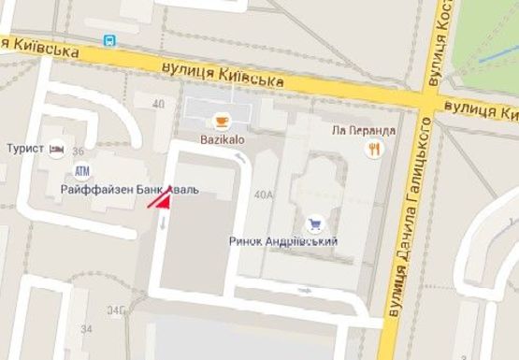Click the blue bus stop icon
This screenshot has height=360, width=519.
pyautogui.click(x=110, y=40)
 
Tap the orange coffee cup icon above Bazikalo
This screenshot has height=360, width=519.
pyautogui.click(x=222, y=119)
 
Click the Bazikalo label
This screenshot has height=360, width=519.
pyautogui.click(x=222, y=137)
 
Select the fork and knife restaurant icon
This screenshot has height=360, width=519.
pyautogui.click(x=375, y=148)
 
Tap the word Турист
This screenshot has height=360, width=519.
pyautogui.click(x=25, y=149)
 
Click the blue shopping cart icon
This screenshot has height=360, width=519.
pyautogui.click(x=312, y=223)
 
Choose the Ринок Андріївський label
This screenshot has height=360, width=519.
pyautogui.click(x=283, y=240)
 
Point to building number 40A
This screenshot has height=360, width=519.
pyautogui.click(x=263, y=194)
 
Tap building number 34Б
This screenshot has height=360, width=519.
pyautogui.click(x=117, y=310)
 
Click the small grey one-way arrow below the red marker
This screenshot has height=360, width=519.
pyautogui.click(x=165, y=222)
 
